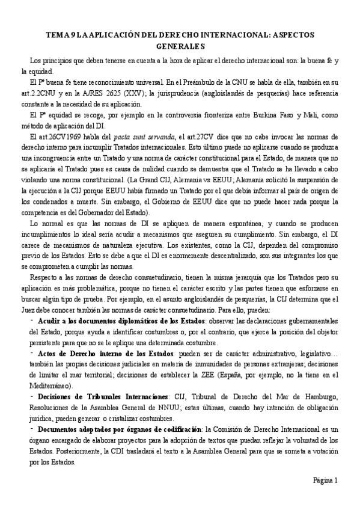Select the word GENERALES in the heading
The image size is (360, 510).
(x=180, y=46)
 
